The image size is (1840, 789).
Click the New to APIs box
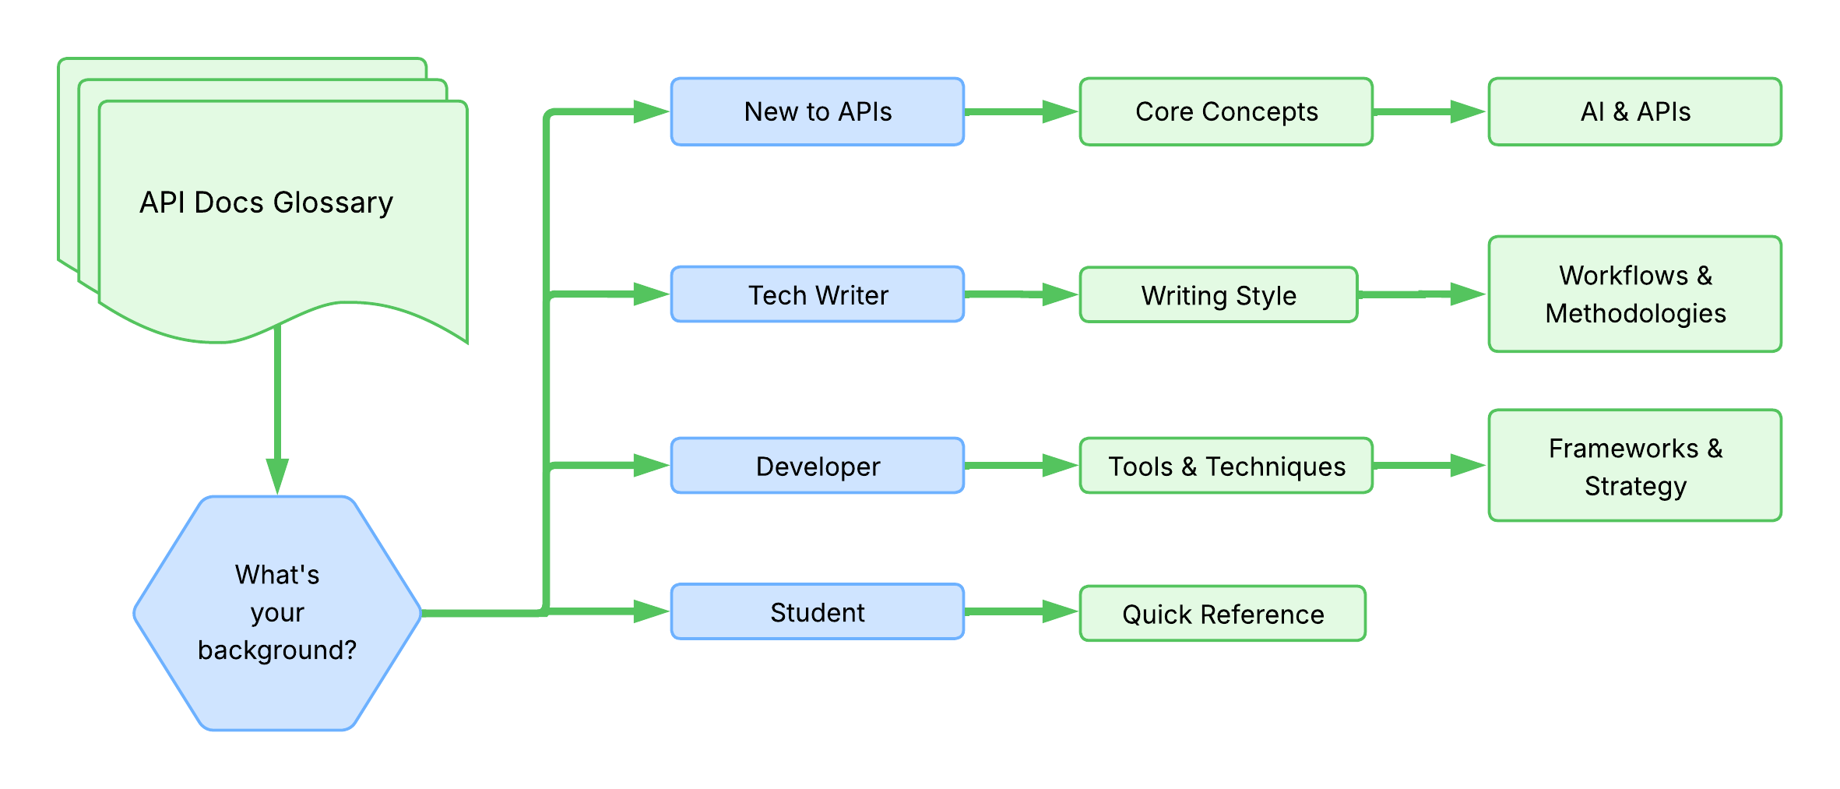(818, 111)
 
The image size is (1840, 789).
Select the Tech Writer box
(818, 294)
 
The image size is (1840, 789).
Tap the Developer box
(818, 466)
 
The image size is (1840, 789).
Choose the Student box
(818, 612)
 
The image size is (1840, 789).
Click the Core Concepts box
(1226, 111)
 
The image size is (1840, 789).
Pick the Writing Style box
(1219, 295)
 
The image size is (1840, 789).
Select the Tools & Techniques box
(1226, 466)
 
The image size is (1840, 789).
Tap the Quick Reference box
(1223, 614)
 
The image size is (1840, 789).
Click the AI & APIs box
(1635, 111)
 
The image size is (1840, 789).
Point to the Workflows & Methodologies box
(1635, 294)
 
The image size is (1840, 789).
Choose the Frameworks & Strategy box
(1635, 466)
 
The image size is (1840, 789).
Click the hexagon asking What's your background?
(277, 613)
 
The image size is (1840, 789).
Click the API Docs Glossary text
(266, 203)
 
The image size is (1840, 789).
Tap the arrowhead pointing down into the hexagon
(277, 475)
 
